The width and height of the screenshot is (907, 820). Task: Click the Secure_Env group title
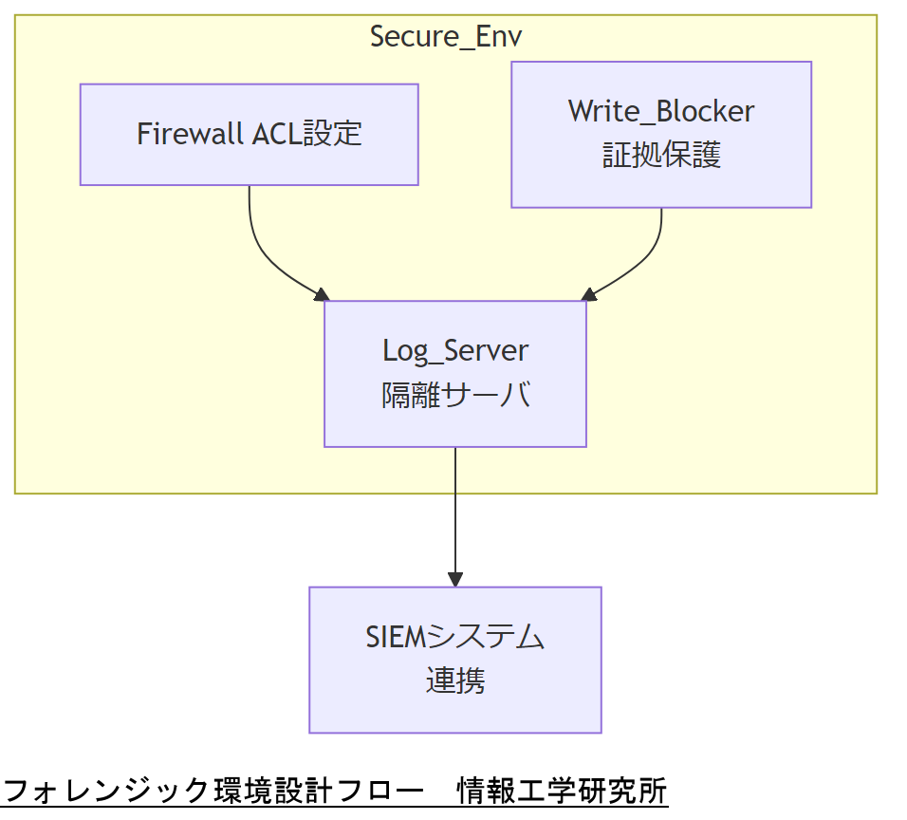[x=445, y=37]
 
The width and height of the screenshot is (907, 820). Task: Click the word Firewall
[x=191, y=134]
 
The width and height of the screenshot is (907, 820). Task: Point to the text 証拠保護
[x=661, y=155]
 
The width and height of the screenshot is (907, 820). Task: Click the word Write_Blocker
[x=661, y=111]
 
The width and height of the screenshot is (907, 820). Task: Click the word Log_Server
[x=454, y=350]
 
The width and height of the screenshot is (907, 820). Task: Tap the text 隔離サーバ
[x=454, y=395]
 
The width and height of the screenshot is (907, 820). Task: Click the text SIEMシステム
[x=454, y=637]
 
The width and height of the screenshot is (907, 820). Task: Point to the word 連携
[x=454, y=680]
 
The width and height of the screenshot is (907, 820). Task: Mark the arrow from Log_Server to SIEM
[x=455, y=512]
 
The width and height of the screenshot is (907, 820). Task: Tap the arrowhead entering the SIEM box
[x=455, y=580]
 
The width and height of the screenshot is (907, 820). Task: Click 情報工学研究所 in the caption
[x=562, y=791]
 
